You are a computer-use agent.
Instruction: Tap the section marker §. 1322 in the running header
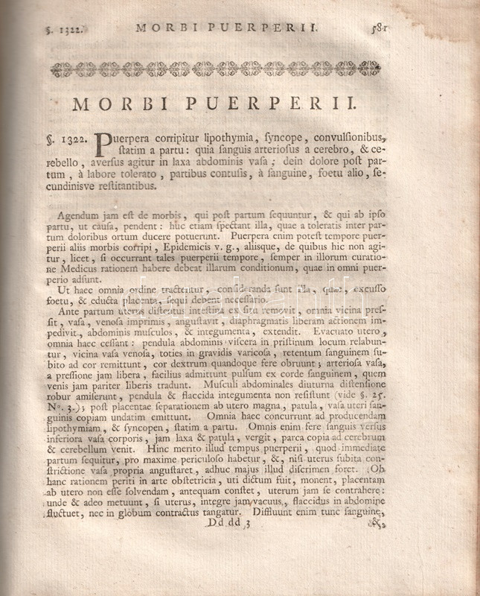tap(63, 30)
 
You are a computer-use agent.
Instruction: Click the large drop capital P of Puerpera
tap(104, 142)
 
